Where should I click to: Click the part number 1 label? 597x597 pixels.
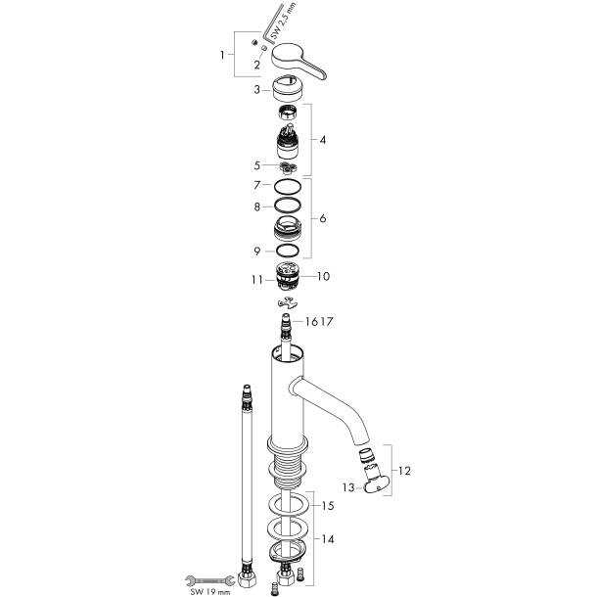224,54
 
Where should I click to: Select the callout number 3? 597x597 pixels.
255,89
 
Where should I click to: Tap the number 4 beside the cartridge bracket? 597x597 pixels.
322,140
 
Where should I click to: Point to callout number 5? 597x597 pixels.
255,165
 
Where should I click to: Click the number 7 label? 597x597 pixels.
255,185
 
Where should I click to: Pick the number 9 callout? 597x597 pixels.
255,252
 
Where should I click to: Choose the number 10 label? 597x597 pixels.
323,277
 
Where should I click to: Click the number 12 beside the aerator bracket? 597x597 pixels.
405,471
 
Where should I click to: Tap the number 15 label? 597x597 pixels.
328,506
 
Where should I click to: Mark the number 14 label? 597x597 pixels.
328,539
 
